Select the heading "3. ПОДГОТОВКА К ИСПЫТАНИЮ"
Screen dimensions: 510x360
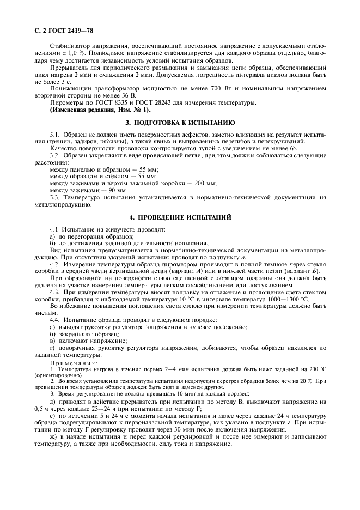180,123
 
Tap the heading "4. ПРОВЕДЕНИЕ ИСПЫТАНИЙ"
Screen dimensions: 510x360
180,217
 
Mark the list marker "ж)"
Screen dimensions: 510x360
53,437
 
